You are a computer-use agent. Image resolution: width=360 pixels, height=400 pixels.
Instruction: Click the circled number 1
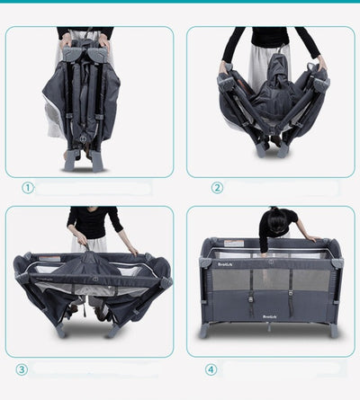[x=28, y=188]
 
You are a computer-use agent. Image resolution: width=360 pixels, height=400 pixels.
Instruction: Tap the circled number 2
[x=217, y=188]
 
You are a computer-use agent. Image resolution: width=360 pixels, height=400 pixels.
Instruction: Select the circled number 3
[x=22, y=369]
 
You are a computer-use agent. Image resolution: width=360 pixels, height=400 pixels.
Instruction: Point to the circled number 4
[x=211, y=369]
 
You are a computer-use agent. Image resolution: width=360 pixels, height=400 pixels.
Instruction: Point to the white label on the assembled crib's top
[x=233, y=243]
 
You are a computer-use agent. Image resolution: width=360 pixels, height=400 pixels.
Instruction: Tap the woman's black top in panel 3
[x=92, y=221]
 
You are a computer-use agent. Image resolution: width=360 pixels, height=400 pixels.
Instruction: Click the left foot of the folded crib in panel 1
[x=69, y=162]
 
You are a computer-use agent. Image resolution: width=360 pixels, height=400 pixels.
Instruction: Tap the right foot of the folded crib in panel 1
[x=96, y=162]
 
